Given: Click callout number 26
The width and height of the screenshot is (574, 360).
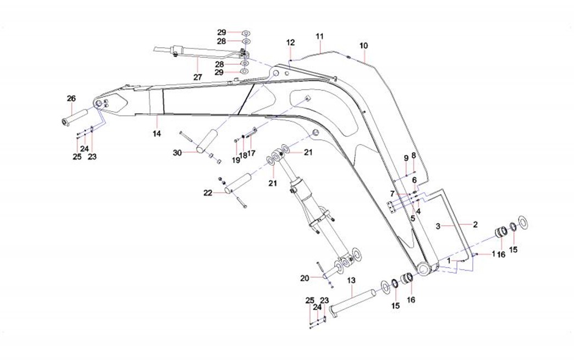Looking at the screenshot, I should [x=71, y=98].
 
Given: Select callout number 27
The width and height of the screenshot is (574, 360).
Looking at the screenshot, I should [x=197, y=77].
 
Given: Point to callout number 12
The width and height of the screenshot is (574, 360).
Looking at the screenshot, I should [x=290, y=42].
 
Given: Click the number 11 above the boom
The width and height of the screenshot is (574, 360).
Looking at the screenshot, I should [x=320, y=36].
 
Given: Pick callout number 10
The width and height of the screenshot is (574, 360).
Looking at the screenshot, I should [x=363, y=45].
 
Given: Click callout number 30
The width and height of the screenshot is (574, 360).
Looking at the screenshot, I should [x=177, y=153].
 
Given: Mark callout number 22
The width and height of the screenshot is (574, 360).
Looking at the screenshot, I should [x=207, y=192].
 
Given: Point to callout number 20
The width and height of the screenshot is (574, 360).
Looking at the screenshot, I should [x=305, y=278].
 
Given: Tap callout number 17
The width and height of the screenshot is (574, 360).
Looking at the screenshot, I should [x=251, y=153].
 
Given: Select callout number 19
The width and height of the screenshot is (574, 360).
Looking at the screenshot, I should [x=235, y=160].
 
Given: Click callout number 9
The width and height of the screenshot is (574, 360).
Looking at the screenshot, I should [x=406, y=158].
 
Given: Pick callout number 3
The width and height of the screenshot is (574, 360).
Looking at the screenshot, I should [x=438, y=226].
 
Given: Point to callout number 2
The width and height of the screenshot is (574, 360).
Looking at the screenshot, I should [x=475, y=224].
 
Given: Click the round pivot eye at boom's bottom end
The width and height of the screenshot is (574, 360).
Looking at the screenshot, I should [x=425, y=268].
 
